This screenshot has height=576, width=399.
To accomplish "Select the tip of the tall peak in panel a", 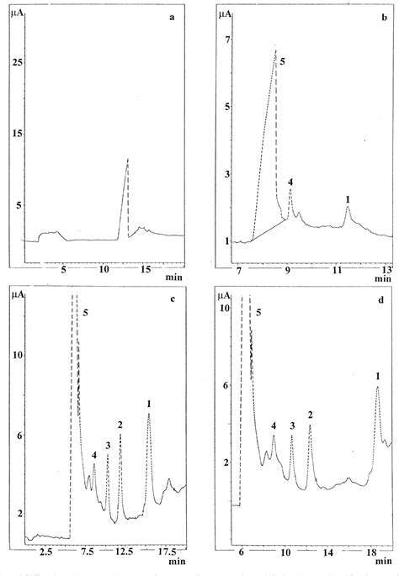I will [x=128, y=159].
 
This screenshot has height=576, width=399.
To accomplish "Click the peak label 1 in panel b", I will [x=348, y=198].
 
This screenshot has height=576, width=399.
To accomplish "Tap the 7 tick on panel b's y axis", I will [x=226, y=40].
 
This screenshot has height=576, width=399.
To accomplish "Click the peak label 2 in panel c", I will [x=120, y=425].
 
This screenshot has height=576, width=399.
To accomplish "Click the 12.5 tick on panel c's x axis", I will [x=124, y=552].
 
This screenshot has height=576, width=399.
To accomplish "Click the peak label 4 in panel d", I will [x=274, y=426].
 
